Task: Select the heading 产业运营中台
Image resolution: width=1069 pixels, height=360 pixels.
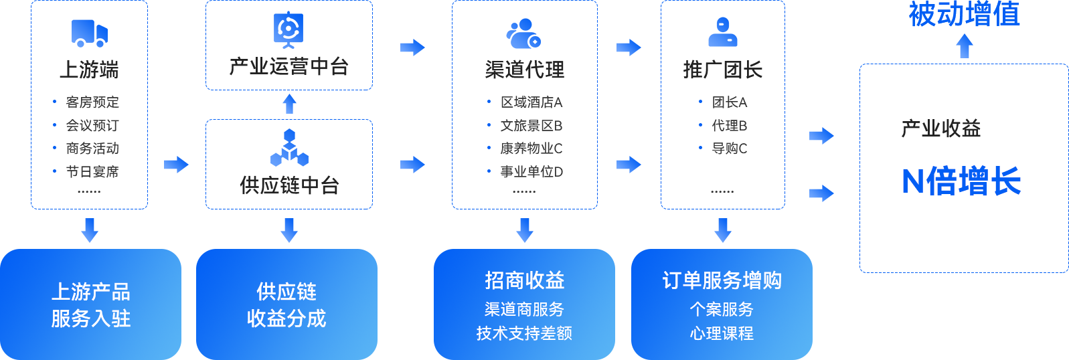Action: click(289, 67)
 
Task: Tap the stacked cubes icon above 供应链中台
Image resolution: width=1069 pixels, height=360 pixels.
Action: click(289, 147)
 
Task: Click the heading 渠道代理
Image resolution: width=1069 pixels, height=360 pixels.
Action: click(525, 70)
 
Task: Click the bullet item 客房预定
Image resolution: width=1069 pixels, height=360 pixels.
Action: click(92, 102)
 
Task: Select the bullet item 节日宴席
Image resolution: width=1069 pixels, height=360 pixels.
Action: click(92, 172)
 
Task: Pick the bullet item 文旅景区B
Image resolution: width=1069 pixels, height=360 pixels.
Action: click(531, 126)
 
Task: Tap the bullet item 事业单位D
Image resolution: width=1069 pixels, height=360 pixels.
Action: click(531, 172)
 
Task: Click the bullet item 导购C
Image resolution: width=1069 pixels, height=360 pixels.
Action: click(729, 149)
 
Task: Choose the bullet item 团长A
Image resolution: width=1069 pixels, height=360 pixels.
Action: click(729, 102)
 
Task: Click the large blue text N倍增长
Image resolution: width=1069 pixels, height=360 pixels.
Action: click(961, 181)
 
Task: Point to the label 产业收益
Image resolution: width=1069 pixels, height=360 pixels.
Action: click(940, 128)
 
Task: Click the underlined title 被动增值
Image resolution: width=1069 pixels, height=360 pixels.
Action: click(964, 13)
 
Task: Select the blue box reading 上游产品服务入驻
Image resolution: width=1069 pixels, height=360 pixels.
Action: click(91, 304)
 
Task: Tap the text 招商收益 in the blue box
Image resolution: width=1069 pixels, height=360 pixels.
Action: click(525, 280)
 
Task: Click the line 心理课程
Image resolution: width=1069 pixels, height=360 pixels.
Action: click(722, 333)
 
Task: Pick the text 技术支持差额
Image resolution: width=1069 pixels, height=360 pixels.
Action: click(524, 333)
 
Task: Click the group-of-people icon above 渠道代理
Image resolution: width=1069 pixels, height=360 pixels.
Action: click(523, 33)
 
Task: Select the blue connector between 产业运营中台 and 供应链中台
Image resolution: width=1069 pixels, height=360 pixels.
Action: click(289, 104)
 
